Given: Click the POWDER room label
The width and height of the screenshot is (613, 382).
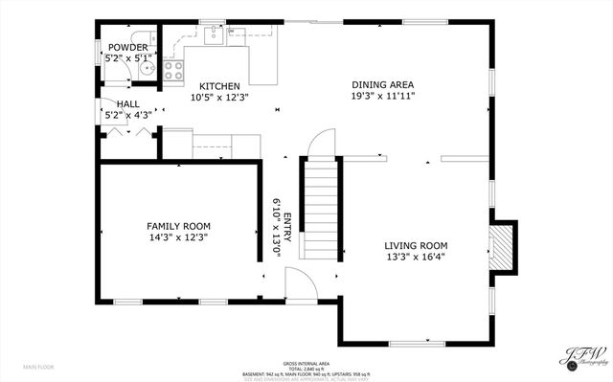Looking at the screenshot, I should tap(127, 48).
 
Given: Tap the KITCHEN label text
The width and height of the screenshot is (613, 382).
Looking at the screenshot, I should tap(219, 86).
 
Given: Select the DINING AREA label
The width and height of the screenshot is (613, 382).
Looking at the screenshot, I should tap(382, 85).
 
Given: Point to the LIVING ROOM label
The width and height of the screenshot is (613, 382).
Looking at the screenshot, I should tap(416, 245).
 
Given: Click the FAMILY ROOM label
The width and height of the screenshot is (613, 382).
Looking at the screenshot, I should tap(177, 226).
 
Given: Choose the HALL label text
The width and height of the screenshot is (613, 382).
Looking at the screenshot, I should tap(127, 104).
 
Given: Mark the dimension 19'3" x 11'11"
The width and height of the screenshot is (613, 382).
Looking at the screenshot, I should tap(382, 97).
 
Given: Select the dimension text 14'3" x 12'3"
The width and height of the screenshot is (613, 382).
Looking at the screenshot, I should tap(177, 236).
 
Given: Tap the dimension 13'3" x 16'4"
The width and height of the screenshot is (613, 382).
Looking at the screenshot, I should tap(416, 256).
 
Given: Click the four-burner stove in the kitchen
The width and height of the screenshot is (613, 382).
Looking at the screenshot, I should tap(173, 70).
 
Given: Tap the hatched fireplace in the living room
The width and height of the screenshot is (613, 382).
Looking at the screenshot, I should tap(500, 247).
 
